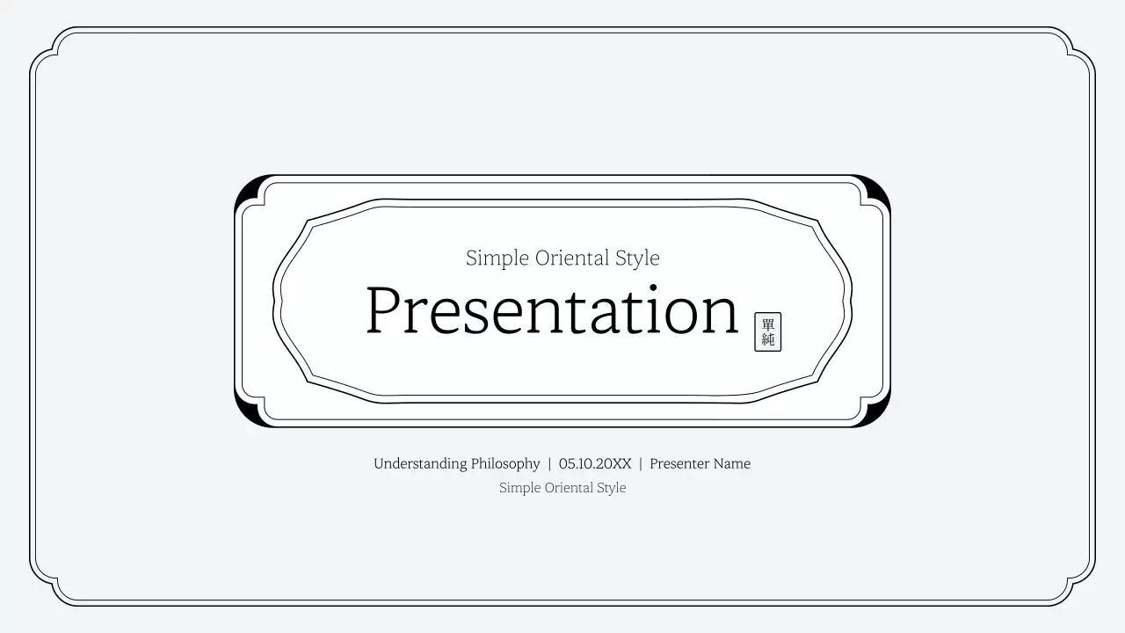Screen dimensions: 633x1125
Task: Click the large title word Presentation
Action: pos(552,310)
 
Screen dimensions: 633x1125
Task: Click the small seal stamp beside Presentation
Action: pos(767,331)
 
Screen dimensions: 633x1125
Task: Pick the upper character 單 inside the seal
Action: pos(767,324)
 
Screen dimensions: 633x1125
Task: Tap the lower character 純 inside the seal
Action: pos(767,339)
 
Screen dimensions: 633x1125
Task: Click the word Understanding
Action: pos(420,464)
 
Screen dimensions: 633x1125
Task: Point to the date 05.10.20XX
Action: pos(595,463)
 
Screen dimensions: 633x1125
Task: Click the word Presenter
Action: pos(680,463)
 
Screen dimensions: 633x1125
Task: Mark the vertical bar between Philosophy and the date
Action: pos(549,463)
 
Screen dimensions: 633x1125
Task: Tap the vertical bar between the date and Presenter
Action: pos(641,463)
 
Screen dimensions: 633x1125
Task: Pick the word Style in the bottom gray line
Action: pos(612,488)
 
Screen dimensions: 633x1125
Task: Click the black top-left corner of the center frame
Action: pos(248,187)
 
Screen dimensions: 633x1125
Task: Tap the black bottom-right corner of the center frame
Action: pos(878,415)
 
